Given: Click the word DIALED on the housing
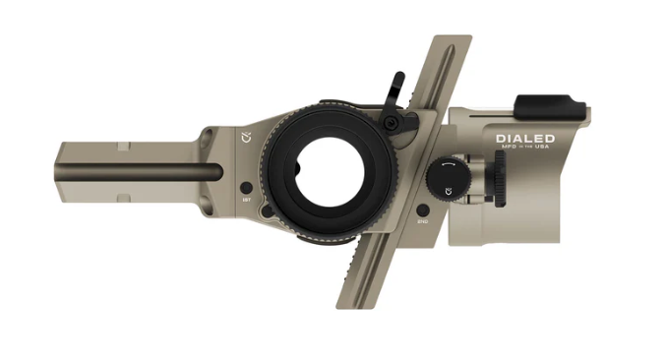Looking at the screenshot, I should coord(525,140).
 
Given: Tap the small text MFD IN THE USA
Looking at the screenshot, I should coord(525,150).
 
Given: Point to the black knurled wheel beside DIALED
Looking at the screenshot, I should coord(500,181).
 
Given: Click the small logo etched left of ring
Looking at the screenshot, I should coord(247,136).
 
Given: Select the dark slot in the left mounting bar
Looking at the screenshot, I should coord(148,175).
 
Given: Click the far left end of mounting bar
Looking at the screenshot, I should coord(61,172).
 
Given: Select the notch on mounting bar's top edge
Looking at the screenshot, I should coord(122,147).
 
